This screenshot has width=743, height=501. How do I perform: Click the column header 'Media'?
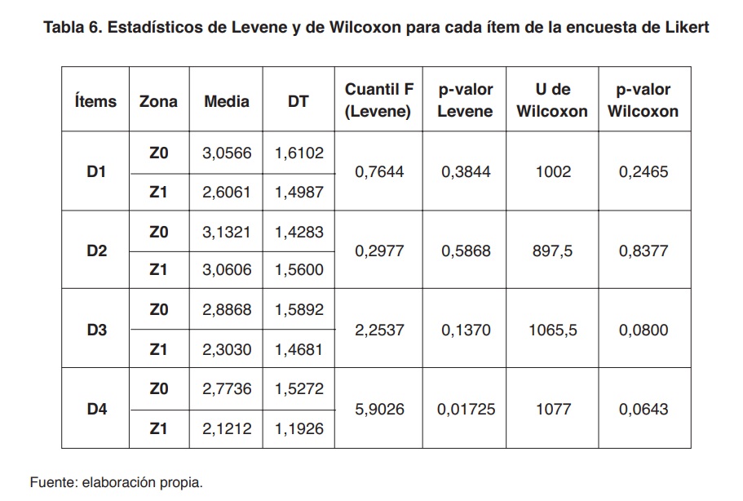point(227,101)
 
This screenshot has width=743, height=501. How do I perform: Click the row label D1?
point(96,172)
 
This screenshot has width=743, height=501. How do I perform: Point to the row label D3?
point(96,330)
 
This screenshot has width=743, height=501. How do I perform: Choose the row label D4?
point(96,409)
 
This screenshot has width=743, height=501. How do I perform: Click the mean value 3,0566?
point(227,153)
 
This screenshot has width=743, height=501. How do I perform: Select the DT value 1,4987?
point(299,193)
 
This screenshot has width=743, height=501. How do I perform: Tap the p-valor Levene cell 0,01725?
point(466,409)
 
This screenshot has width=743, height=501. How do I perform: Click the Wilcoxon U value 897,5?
point(552,251)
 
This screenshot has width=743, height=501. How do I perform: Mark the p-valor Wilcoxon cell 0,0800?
point(643,330)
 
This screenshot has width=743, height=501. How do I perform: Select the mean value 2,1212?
point(227,428)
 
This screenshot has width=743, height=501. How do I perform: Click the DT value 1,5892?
point(299,310)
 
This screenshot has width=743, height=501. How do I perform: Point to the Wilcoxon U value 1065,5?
point(552,330)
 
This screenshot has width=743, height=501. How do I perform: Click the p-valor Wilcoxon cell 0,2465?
point(643,172)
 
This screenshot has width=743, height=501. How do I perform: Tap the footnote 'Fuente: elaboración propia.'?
point(117,482)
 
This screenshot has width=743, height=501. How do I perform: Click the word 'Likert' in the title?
point(687,27)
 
